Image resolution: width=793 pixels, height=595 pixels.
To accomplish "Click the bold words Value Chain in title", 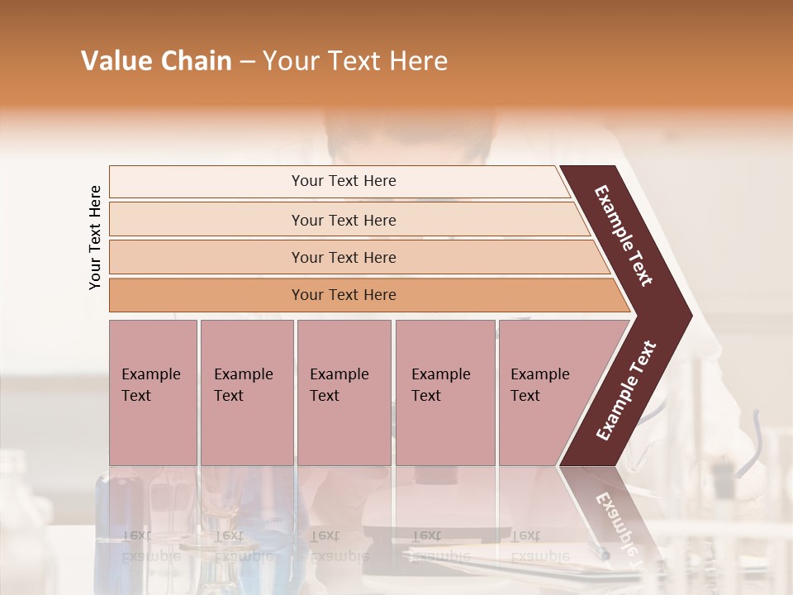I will pyautogui.click(x=156, y=61).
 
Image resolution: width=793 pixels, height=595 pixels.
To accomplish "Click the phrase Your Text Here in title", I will pyautogui.click(x=355, y=61).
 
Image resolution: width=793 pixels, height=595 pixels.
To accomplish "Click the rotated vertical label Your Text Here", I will pyautogui.click(x=95, y=237).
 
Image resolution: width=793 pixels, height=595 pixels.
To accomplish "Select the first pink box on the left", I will pyautogui.click(x=153, y=393).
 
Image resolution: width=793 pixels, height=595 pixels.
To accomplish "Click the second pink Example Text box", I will pyautogui.click(x=246, y=393).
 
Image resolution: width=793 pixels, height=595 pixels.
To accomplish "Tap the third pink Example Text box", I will pyautogui.click(x=344, y=393).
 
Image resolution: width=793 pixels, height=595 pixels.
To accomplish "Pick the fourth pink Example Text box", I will pyautogui.click(x=444, y=393).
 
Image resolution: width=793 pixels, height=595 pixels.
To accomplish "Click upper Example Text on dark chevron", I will pyautogui.click(x=624, y=236).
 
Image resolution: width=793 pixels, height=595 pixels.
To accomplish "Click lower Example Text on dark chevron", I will pyautogui.click(x=626, y=390).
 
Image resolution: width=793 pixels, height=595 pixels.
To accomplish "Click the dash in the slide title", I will pyautogui.click(x=247, y=62).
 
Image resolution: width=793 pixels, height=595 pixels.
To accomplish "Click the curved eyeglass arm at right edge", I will pyautogui.click(x=756, y=438).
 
